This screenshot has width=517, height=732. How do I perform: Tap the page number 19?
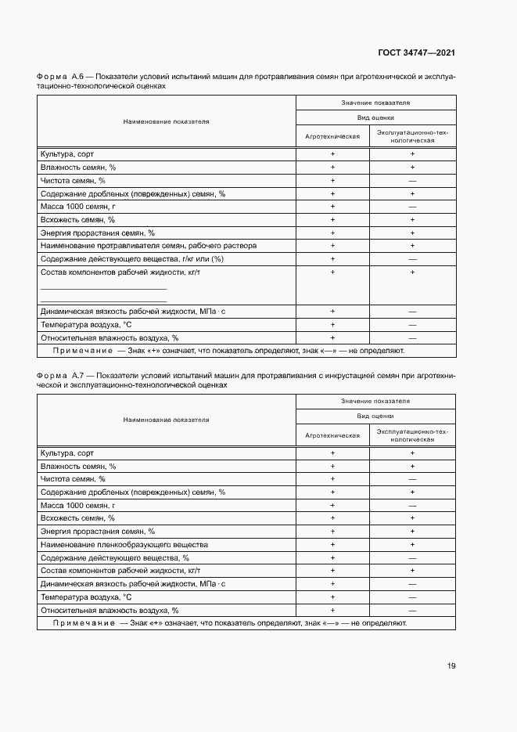pyautogui.click(x=451, y=665)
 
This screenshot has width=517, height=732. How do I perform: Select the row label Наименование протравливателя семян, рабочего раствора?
pyautogui.click(x=148, y=246)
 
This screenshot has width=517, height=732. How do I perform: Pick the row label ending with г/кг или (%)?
pyautogui.click(x=132, y=258)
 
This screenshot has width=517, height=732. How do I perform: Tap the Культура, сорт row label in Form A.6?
pyautogui.click(x=66, y=154)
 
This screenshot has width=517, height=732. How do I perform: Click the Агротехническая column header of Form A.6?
pyautogui.click(x=332, y=136)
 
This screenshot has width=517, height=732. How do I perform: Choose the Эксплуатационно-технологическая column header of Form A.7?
pyautogui.click(x=412, y=435)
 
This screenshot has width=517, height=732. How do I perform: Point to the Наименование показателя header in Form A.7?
pyautogui.click(x=166, y=420)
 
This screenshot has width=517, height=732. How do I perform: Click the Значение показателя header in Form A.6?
pyautogui.click(x=375, y=103)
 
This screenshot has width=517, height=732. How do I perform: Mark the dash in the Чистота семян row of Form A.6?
pyautogui.click(x=412, y=181)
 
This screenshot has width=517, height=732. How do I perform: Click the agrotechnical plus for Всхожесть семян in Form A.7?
pyautogui.click(x=332, y=518)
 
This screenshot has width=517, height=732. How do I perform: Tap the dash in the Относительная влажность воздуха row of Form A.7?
pyautogui.click(x=412, y=610)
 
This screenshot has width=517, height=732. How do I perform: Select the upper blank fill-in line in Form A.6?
pyautogui.click(x=103, y=288)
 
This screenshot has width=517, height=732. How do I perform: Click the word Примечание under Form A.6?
pyautogui.click(x=77, y=352)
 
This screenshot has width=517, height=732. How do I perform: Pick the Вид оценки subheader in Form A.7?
pyautogui.click(x=375, y=416)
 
